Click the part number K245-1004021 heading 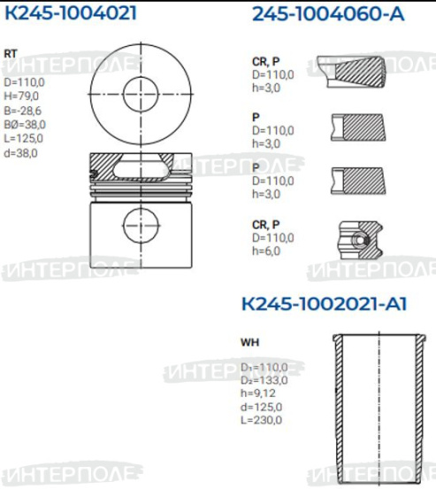pyautogui.click(x=71, y=13)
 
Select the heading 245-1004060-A pyautogui.click(x=328, y=14)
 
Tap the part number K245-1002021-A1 pyautogui.click(x=324, y=304)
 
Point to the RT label pyautogui.click(x=11, y=53)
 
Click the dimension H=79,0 pyautogui.click(x=21, y=96)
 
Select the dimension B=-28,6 pyautogui.click(x=22, y=111)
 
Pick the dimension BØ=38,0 pyautogui.click(x=25, y=124)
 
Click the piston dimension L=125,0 pyautogui.click(x=23, y=138)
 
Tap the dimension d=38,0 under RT pyautogui.click(x=20, y=153)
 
